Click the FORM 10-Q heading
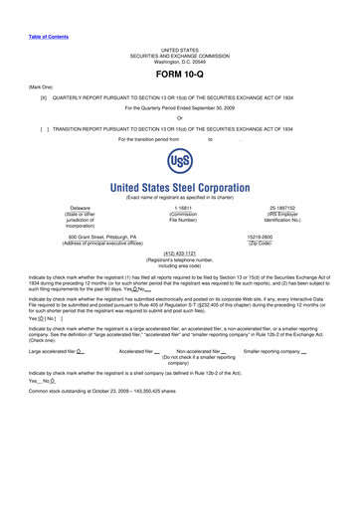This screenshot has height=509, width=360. (x=180, y=76)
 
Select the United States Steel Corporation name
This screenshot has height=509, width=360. (x=180, y=188)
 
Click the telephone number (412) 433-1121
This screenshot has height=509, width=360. (x=180, y=254)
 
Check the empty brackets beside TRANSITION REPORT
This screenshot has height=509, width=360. (x=44, y=129)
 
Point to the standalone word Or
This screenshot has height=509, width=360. (x=180, y=119)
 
